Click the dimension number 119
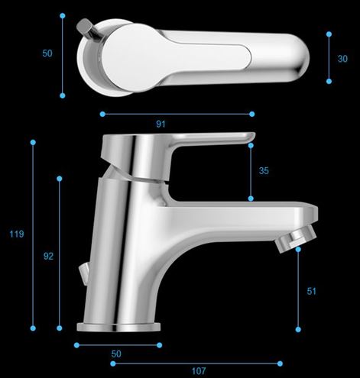coord(17,234)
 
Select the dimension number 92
coord(48,256)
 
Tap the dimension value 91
coord(161,124)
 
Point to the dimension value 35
coord(264,170)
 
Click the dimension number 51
coord(311,291)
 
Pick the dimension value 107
coord(199,371)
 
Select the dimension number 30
coord(342,59)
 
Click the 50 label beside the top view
coord(47,53)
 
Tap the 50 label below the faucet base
coord(116,354)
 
